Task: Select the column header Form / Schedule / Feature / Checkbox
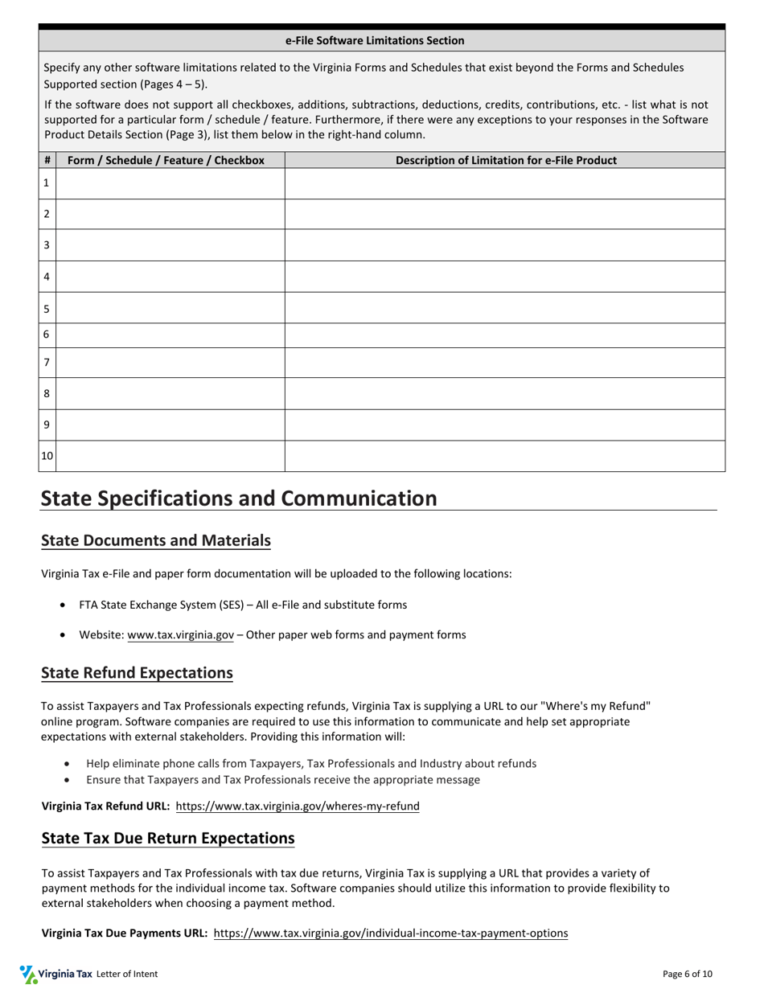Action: pos(166,160)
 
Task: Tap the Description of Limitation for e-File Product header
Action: pos(506,160)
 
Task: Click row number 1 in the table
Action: pos(47,183)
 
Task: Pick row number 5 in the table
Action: pos(47,309)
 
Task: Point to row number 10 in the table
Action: pos(47,456)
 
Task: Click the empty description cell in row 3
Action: pos(504,245)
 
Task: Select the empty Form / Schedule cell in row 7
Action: pos(170,363)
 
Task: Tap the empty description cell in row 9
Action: pos(504,425)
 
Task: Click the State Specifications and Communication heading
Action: pos(239,499)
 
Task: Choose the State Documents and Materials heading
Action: pos(156,540)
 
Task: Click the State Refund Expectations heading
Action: pos(137,672)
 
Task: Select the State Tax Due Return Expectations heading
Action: pos(168,838)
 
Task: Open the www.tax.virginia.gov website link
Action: pos(180,634)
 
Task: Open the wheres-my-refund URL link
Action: pos(298,806)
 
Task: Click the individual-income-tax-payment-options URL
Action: pos(390,933)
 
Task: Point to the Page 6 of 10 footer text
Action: pos(687,974)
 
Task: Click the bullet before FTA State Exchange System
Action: pos(64,605)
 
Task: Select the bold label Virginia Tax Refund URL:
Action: pos(105,806)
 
